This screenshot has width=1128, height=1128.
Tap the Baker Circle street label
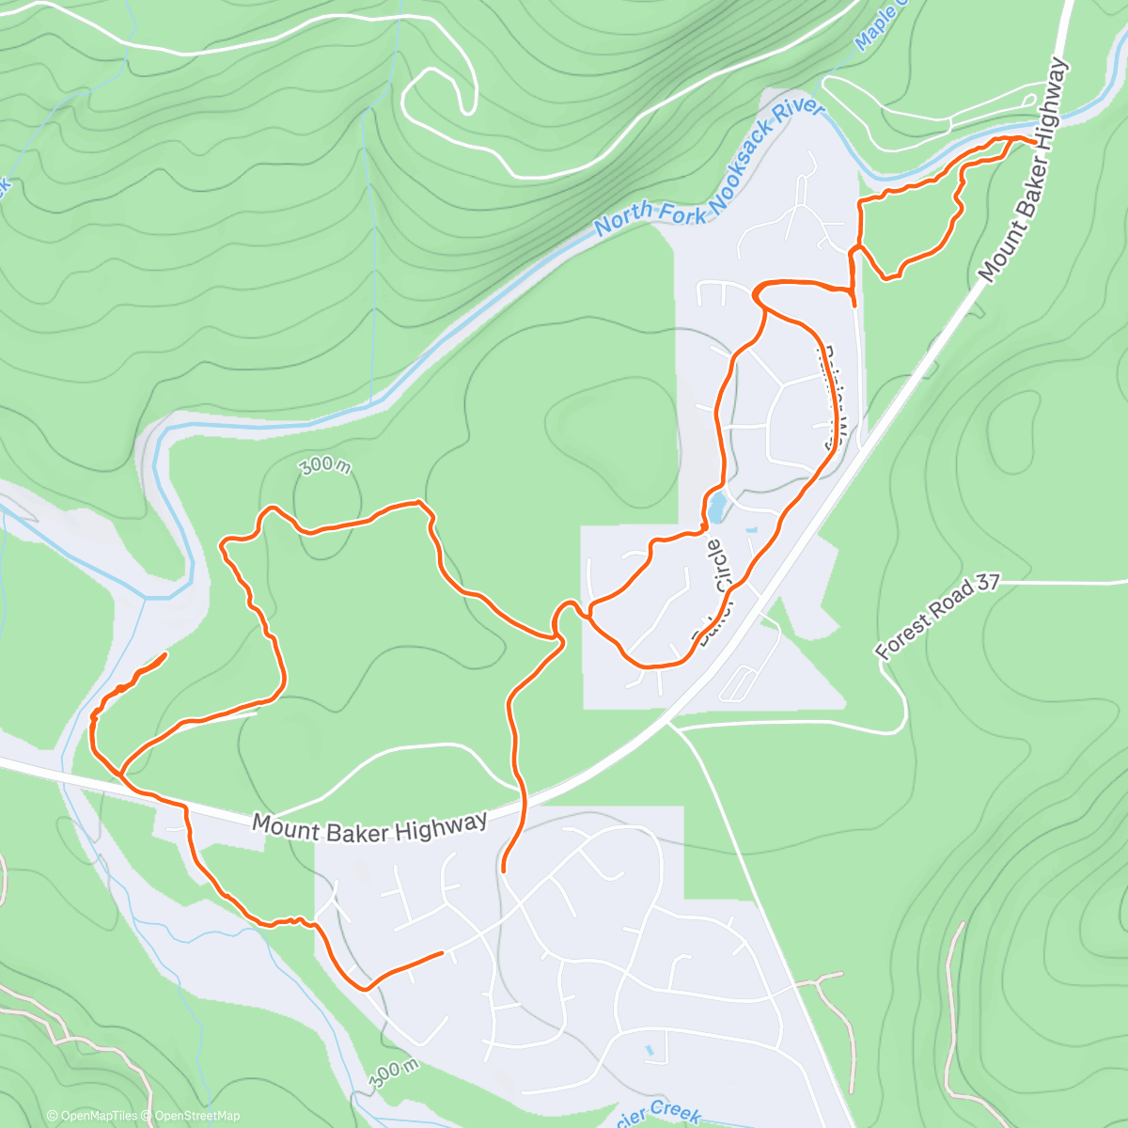[x=713, y=593]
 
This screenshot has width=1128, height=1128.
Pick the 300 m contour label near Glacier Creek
[x=394, y=1073]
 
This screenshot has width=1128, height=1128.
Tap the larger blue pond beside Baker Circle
[x=716, y=509]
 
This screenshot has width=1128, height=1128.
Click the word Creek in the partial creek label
[x=675, y=1112]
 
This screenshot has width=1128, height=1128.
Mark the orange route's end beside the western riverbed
[x=165, y=653]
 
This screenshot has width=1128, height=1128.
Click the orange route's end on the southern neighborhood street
[x=441, y=953]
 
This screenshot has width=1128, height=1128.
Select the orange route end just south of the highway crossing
[x=504, y=870]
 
